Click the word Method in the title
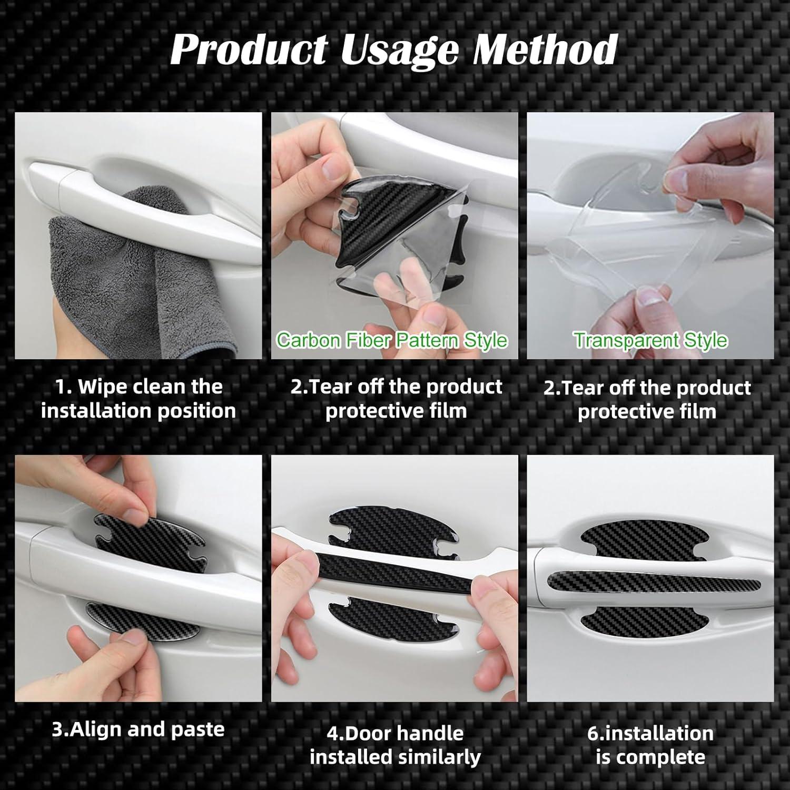[545, 50]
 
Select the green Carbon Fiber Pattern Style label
[392, 340]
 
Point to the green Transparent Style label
[650, 340]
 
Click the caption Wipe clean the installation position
[139, 399]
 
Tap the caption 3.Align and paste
[139, 729]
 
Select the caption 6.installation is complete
[650, 745]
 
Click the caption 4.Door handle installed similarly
[395, 745]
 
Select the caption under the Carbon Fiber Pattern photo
[396, 399]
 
